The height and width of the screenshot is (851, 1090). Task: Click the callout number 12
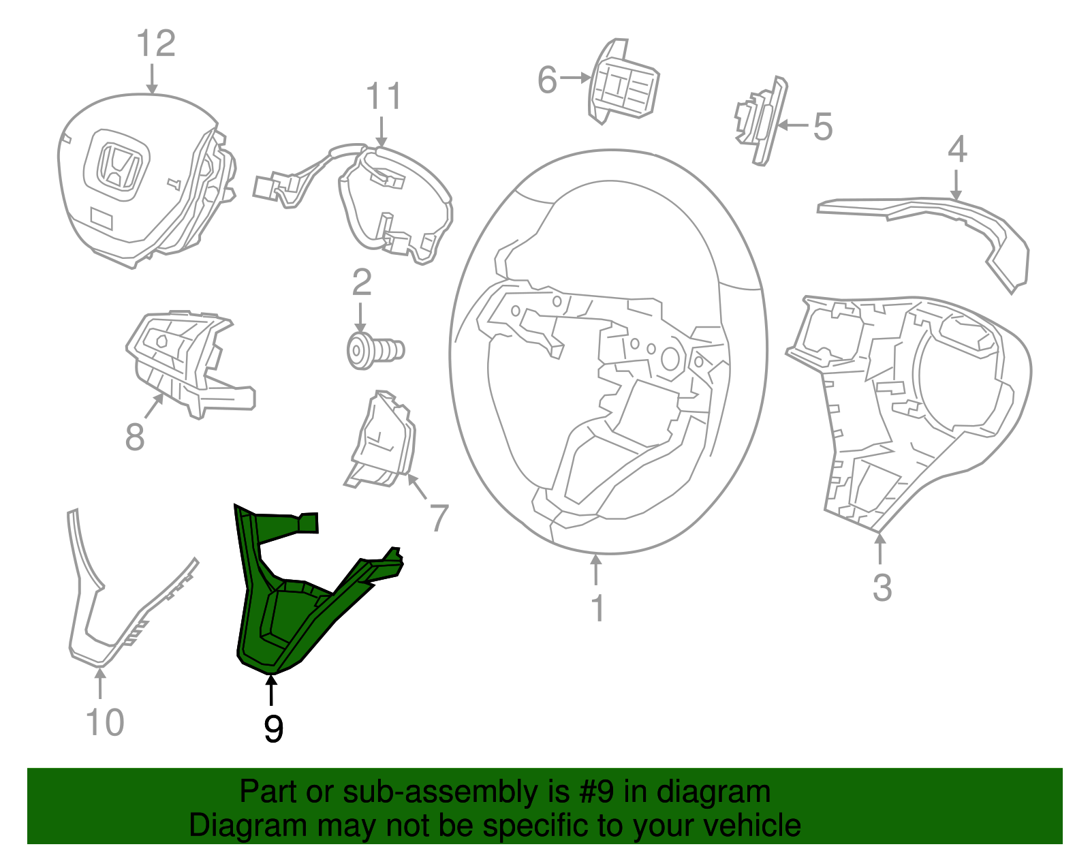[156, 44]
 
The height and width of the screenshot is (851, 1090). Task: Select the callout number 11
[384, 97]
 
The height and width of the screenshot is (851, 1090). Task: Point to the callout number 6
[547, 80]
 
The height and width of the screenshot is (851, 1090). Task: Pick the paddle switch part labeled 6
[623, 84]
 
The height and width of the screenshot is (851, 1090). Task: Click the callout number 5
[823, 127]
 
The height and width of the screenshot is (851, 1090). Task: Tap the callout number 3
[882, 587]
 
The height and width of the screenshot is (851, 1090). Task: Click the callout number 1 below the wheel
[597, 608]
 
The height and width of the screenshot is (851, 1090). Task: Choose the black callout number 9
[272, 730]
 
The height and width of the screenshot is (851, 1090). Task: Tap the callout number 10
[105, 723]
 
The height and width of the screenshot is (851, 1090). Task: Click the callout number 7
[438, 518]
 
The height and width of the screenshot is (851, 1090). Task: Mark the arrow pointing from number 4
[956, 185]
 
